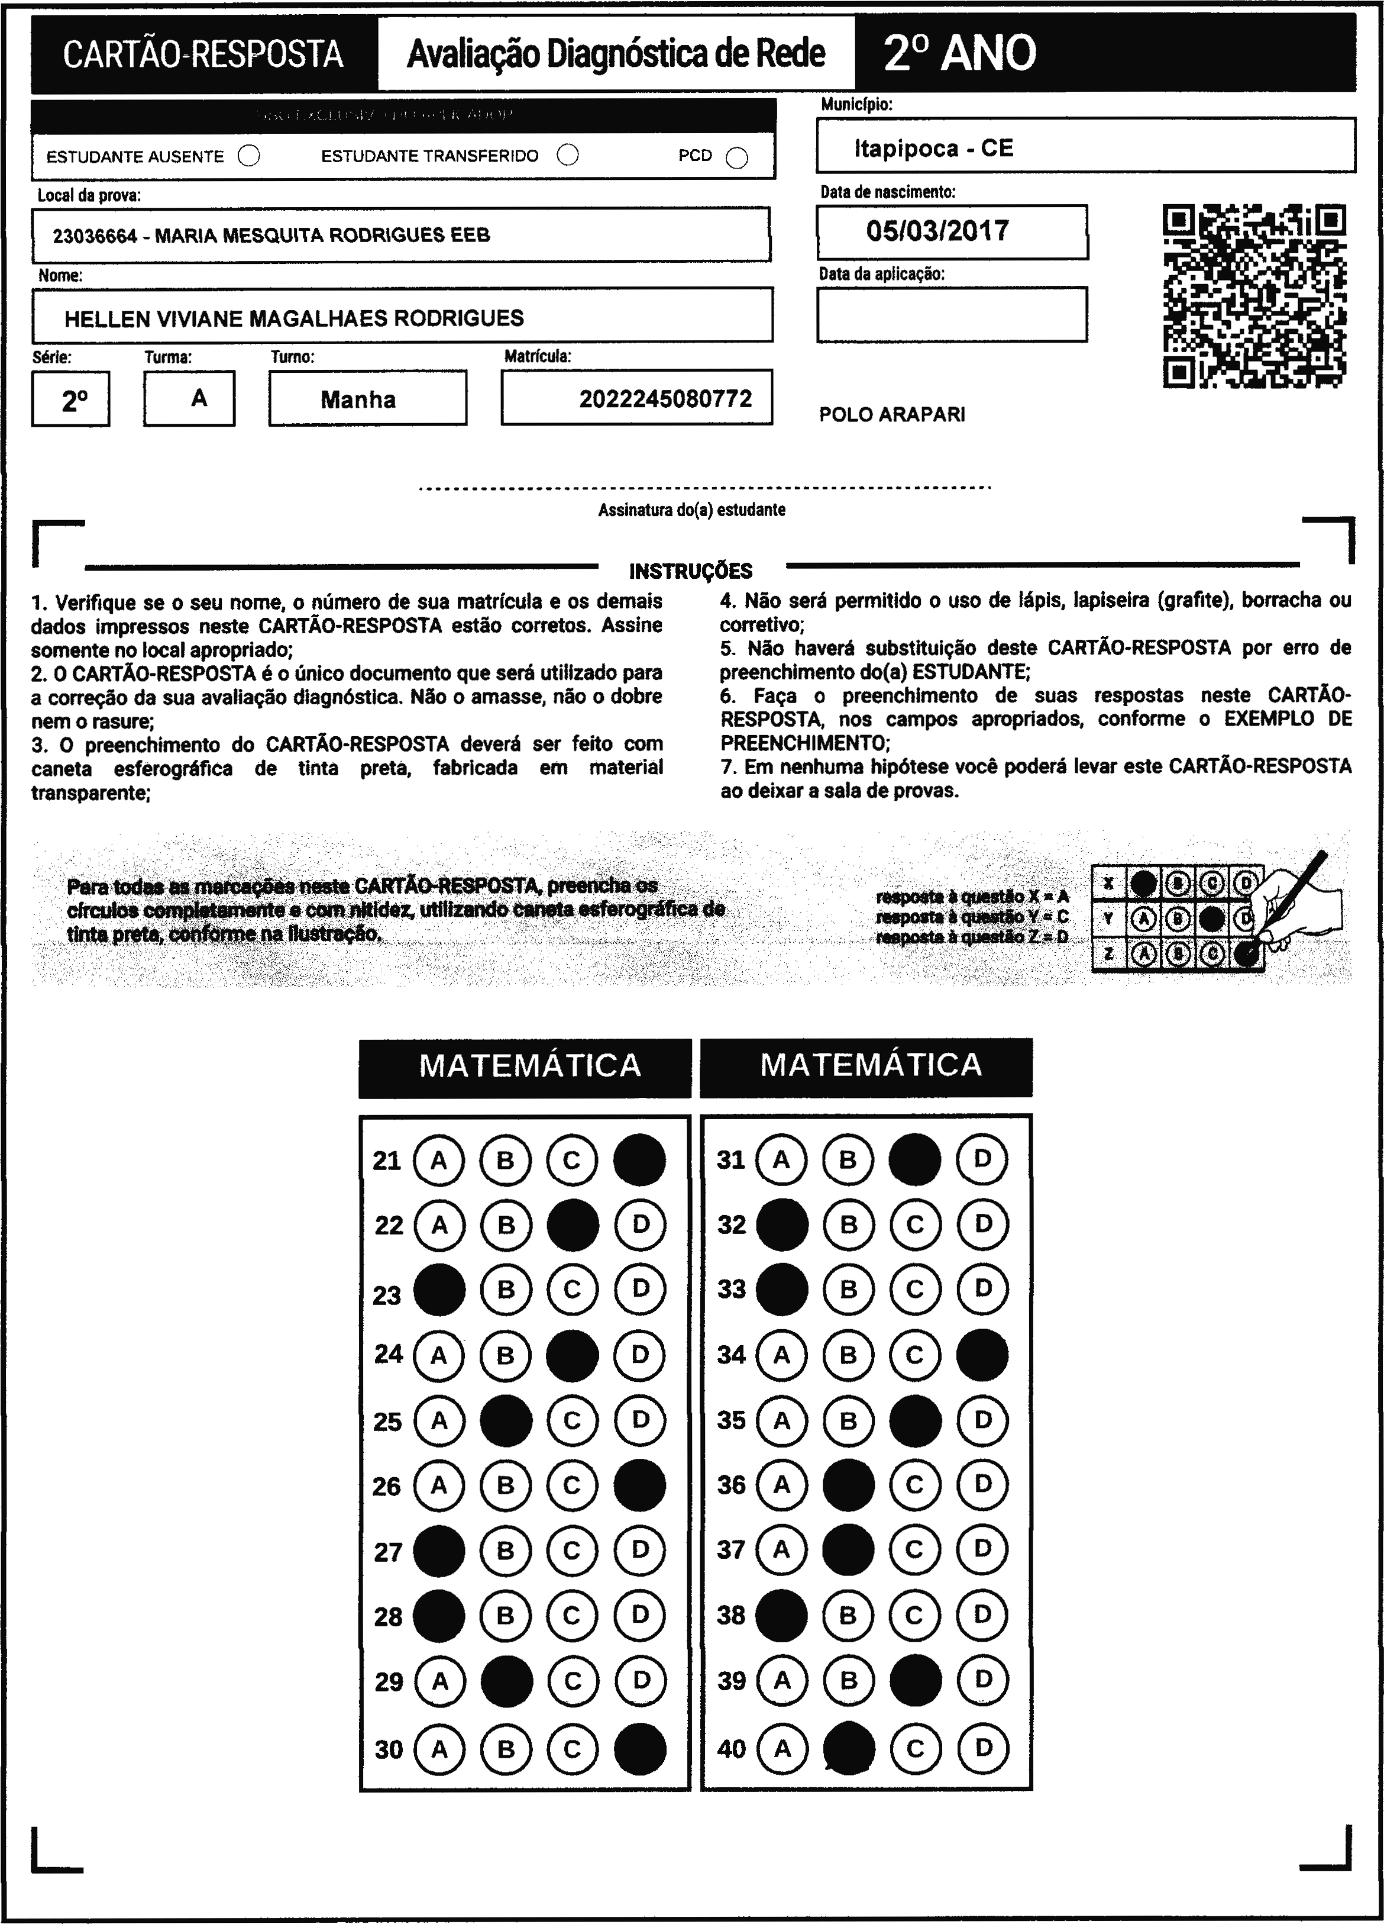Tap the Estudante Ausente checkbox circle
pos(250,156)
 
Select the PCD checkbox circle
pos(738,159)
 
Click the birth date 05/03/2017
pos(937,231)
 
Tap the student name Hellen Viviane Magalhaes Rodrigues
pos(295,319)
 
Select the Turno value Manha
pos(358,399)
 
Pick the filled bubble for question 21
pos(639,1159)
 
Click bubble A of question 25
pos(439,1421)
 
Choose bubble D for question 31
pos(982,1159)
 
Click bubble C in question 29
pos(573,1681)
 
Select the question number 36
pos(731,1485)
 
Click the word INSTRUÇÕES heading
pos(690,571)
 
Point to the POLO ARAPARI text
pos(892,415)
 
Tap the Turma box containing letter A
pos(189,398)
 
